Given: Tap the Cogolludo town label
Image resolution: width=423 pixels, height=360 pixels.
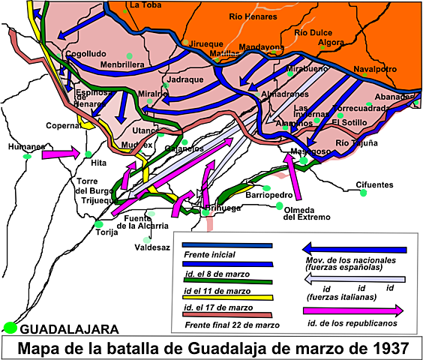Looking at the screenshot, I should click(85, 55).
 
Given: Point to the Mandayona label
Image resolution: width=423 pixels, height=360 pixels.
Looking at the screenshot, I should click(262, 47).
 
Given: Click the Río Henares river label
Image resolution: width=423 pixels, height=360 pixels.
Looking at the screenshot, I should click(256, 16).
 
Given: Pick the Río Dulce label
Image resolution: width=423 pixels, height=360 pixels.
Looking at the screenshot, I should click(313, 33).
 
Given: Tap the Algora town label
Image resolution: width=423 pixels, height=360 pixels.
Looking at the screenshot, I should click(331, 43).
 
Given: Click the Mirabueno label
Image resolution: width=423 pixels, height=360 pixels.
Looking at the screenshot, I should click(297, 68).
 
